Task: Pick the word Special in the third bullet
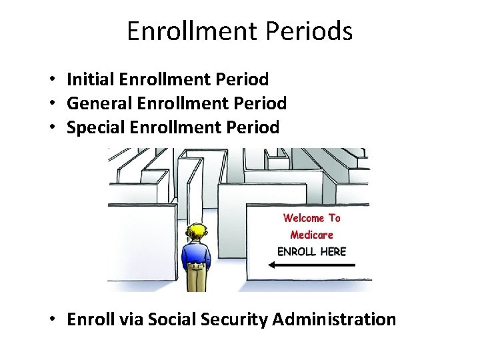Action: pos(93,127)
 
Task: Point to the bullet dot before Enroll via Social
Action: pos(51,320)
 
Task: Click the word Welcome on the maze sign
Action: pos(303,218)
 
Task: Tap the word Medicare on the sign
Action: pos(311,235)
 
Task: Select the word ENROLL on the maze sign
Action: pos(297,251)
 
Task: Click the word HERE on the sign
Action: pos(333,251)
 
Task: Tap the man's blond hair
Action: pos(197,233)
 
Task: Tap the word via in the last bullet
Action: pos(129,319)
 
